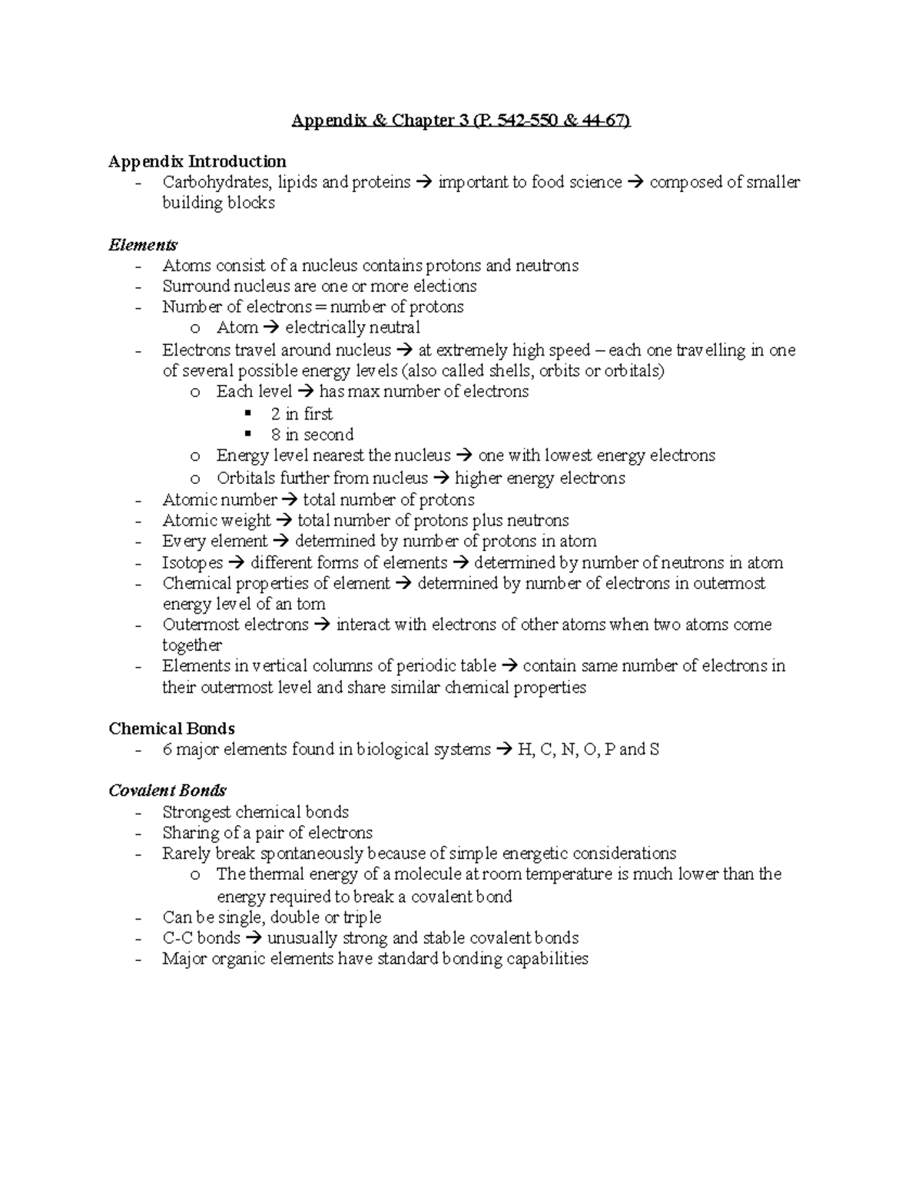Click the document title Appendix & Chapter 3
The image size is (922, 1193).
pos(460,121)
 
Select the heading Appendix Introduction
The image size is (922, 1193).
pos(197,161)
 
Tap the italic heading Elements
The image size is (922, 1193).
pos(143,245)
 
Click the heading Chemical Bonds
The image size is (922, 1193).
pos(171,728)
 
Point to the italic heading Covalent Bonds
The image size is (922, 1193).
pos(167,790)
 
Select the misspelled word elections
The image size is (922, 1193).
pos(445,287)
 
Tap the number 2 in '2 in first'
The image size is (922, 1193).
pos(275,414)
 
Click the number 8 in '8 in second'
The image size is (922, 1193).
pos(275,435)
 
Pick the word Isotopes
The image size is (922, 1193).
pos(192,563)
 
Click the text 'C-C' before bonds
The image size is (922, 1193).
pos(177,938)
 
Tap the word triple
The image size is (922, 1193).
pos(362,917)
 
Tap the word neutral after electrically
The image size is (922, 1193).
pos(394,328)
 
